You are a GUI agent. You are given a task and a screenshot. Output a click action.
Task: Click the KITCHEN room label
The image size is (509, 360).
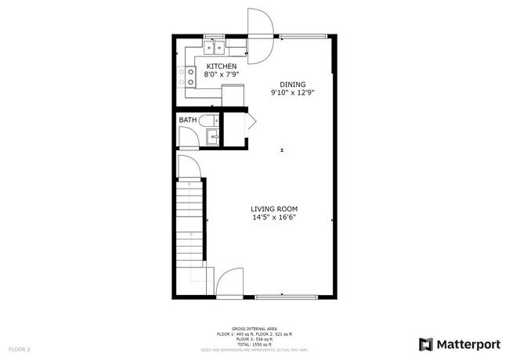(221, 67)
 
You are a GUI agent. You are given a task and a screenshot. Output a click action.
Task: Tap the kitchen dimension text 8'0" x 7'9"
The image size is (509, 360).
(221, 75)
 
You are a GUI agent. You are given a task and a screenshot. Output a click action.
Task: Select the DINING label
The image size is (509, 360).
(293, 85)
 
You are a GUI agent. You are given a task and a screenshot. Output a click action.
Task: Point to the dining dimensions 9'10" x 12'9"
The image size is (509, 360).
(293, 93)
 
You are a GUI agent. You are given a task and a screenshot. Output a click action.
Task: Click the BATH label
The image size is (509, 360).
(188, 120)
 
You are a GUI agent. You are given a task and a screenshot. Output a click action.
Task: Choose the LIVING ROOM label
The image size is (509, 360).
(274, 209)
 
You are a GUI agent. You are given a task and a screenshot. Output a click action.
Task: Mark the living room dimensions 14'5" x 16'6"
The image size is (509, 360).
(274, 218)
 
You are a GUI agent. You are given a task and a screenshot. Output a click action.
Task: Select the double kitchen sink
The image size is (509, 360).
(211, 45)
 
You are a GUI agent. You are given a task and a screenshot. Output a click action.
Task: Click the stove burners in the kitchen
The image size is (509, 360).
(190, 77)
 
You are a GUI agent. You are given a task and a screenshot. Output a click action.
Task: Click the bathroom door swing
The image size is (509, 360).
(189, 139)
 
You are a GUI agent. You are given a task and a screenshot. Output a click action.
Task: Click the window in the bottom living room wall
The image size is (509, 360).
(286, 296)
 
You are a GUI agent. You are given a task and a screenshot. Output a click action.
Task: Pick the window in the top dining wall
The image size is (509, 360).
(304, 35)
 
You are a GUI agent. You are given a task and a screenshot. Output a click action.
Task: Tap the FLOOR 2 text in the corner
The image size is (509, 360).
(20, 348)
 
